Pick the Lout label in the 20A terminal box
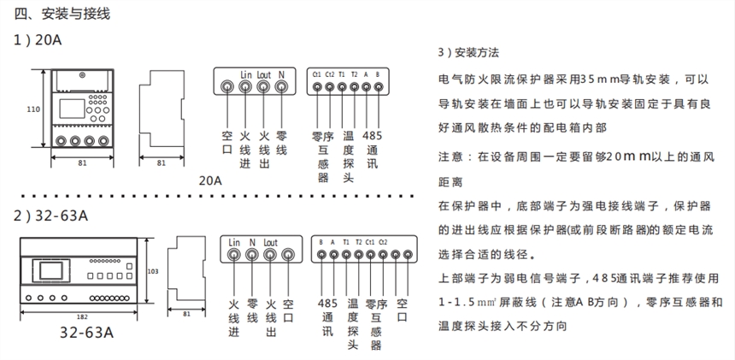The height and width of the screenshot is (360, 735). tap(264, 74)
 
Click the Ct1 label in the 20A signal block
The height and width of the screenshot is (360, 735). tap(317, 74)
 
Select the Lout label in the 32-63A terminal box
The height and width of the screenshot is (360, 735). tap(270, 242)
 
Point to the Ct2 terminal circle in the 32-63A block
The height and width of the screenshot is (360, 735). tap(383, 255)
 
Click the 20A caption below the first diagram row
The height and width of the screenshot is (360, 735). tap(209, 180)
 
